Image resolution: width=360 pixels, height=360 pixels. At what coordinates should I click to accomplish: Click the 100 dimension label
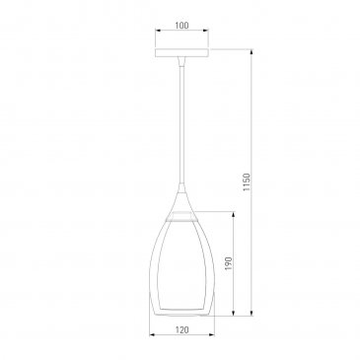pos(181,25)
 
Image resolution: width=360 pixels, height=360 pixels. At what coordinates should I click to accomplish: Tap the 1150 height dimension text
pos(247,182)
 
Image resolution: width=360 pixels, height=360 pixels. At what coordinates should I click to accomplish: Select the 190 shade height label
pos(229,263)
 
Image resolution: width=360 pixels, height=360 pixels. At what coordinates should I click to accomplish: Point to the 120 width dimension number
pos(181,329)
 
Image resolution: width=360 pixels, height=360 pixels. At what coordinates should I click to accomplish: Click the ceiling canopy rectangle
pos(181,52)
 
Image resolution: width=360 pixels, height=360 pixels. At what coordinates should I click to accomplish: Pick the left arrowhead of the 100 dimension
pos(158,31)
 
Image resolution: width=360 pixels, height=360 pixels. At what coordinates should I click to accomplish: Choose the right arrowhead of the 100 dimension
pos(206,31)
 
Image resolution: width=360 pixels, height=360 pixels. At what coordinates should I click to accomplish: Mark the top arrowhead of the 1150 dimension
pos(252,52)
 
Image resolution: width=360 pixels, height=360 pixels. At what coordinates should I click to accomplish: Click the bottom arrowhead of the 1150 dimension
pos(252,313)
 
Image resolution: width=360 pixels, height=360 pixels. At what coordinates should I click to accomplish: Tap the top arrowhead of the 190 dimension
pos(234,215)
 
